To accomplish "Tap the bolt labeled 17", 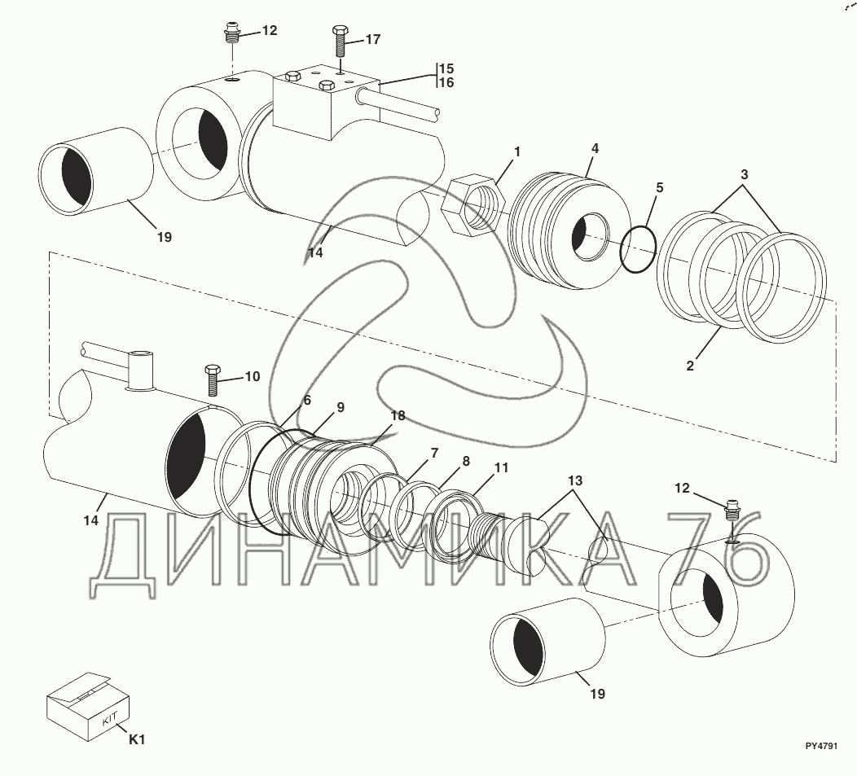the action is click(x=340, y=41).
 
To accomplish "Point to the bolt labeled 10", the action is click(x=213, y=379).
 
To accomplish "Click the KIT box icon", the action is click(x=87, y=705).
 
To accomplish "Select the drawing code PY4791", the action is click(x=821, y=746).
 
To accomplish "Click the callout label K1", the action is click(x=137, y=739).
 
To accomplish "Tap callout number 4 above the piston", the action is click(x=596, y=148).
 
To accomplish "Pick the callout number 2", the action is click(x=690, y=366).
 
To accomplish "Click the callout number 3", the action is click(x=744, y=175).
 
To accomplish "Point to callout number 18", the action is click(x=398, y=416).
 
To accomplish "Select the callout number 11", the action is click(x=501, y=467).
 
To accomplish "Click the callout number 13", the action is click(x=575, y=481).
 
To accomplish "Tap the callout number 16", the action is click(x=446, y=82).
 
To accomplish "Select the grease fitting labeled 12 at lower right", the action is click(x=730, y=513).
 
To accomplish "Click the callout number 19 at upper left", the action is click(x=164, y=237).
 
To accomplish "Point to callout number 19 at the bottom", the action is click(x=598, y=694).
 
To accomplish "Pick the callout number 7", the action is click(x=434, y=453).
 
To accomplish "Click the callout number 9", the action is click(x=341, y=407).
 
